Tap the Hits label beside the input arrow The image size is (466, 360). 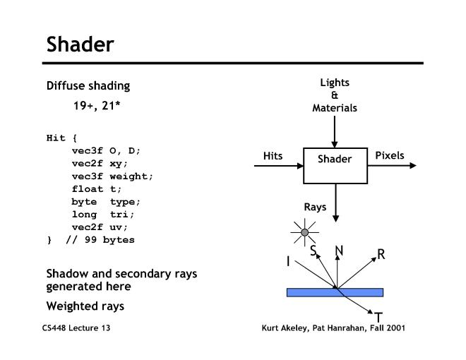click(x=273, y=155)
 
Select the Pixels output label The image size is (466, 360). click(x=390, y=155)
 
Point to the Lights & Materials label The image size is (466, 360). click(x=335, y=95)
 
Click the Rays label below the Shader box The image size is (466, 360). click(x=315, y=208)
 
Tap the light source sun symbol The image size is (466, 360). click(x=305, y=232)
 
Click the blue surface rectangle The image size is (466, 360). click(x=335, y=292)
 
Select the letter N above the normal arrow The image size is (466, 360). click(x=339, y=251)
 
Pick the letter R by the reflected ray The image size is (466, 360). click(x=381, y=254)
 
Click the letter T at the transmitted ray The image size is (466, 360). click(x=378, y=318)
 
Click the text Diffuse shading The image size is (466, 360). click(x=88, y=86)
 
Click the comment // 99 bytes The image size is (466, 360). click(x=100, y=239)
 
